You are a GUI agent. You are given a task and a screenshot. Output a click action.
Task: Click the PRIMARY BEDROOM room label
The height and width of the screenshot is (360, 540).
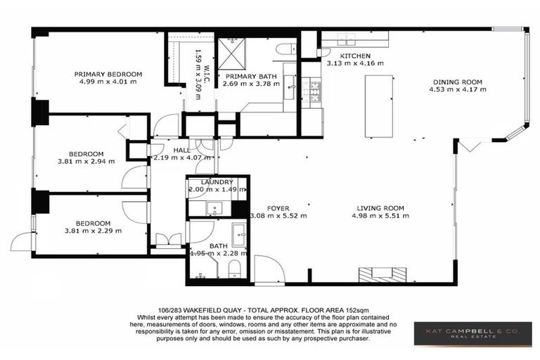coord(108,74)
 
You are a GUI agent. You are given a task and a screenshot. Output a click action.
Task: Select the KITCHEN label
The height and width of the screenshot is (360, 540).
coord(355,56)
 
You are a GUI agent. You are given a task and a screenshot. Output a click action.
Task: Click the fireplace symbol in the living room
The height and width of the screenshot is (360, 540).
coord(382,274)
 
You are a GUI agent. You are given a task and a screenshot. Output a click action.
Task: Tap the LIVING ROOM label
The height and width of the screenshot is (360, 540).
coord(380,207)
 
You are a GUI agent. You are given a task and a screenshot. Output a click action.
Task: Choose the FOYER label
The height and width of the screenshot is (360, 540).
coord(278,207)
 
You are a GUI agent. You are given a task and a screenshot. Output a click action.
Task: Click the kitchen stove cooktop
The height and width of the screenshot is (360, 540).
coord(311,91)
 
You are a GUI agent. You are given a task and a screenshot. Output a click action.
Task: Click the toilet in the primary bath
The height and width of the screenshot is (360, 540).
coord(286,49)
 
